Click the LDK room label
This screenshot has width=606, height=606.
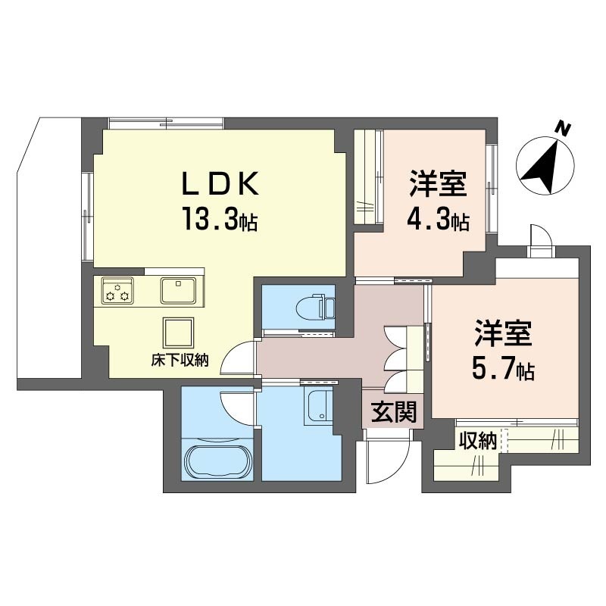pyautogui.click(x=220, y=183)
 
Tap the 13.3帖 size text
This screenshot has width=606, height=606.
pyautogui.click(x=220, y=218)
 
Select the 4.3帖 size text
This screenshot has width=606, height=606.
pyautogui.click(x=438, y=220)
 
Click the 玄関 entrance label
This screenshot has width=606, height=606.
pyautogui.click(x=394, y=411)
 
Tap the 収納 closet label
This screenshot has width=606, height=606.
pyautogui.click(x=478, y=441)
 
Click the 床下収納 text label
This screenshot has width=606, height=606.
pyautogui.click(x=180, y=361)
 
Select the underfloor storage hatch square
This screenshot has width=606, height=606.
pyautogui.click(x=178, y=333)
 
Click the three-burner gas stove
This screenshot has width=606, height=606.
pyautogui.click(x=117, y=290)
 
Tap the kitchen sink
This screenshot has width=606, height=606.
pyautogui.click(x=178, y=290)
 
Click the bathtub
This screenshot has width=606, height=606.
pyautogui.click(x=217, y=463)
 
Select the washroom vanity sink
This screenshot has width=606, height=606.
pyautogui.click(x=318, y=407)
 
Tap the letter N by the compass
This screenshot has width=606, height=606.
pyautogui.click(x=564, y=129)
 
